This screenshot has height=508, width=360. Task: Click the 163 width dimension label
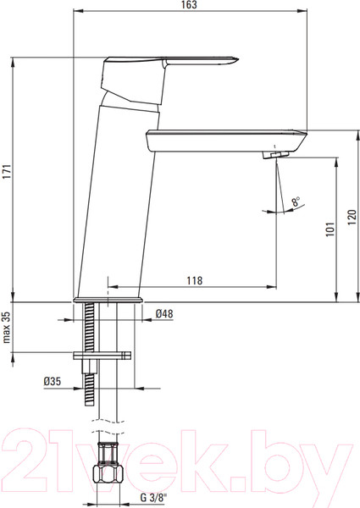[x=189, y=4]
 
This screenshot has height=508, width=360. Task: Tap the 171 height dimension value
[x=7, y=172]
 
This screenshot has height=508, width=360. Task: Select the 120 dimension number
[x=352, y=217]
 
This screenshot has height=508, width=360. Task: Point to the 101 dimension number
[x=330, y=229]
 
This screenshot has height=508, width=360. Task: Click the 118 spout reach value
[x=195, y=280]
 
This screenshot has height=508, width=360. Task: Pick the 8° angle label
[x=296, y=202]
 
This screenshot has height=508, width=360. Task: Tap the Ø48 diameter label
[x=164, y=313]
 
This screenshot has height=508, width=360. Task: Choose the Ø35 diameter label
[x=53, y=381]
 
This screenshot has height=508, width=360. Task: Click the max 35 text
[x=7, y=327]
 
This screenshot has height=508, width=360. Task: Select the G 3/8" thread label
[x=153, y=497]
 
